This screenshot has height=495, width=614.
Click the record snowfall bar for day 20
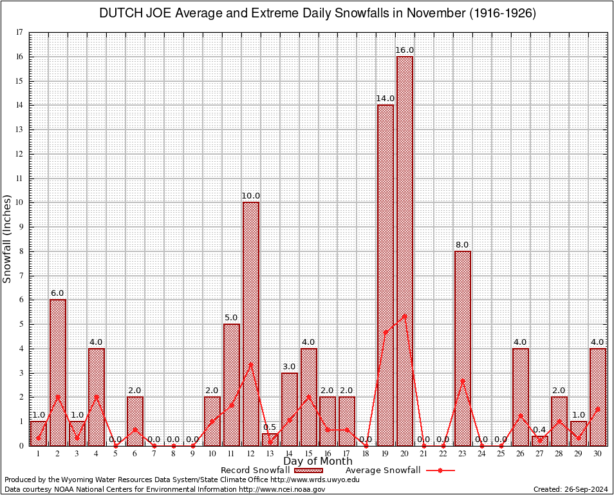tap(405, 251)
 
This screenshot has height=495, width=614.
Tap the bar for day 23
tap(463, 348)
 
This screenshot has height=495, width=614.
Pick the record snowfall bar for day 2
tap(58, 373)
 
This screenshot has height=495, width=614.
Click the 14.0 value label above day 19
tap(386, 99)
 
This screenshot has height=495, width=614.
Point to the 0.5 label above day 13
tap(270, 427)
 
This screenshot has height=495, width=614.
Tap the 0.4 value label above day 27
tap(540, 430)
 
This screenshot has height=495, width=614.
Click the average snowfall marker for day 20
tap(405, 315)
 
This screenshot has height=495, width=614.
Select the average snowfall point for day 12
tap(251, 364)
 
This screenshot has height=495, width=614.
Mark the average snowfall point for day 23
tap(463, 381)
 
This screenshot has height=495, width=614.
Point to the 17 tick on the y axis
tap(19, 32)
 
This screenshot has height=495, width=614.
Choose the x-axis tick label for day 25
tap(501, 454)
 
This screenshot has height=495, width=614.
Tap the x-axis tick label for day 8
tap(174, 454)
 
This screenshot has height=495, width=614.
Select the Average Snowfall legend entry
tap(383, 470)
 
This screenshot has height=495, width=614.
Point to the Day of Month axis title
tap(318, 461)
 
